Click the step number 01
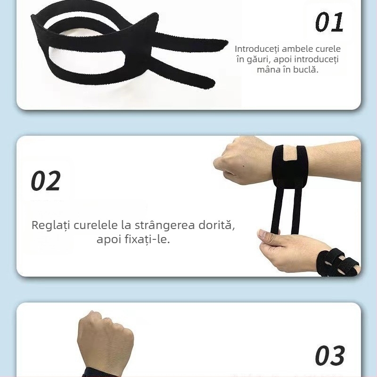pyautogui.click(x=329, y=22)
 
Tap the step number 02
pyautogui.click(x=46, y=180)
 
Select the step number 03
pyautogui.click(x=330, y=356)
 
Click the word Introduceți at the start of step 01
pyautogui.click(x=257, y=49)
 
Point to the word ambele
pyautogui.click(x=297, y=49)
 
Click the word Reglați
pyautogui.click(x=51, y=226)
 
